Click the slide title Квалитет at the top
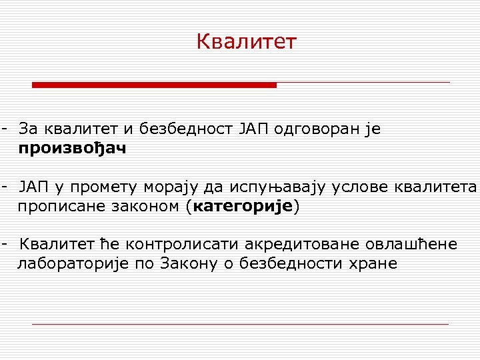(x=246, y=42)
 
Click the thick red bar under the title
(x=155, y=85)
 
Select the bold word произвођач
(x=72, y=149)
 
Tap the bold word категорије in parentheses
(x=242, y=206)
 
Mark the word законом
(x=147, y=206)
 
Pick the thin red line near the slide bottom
(x=240, y=324)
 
